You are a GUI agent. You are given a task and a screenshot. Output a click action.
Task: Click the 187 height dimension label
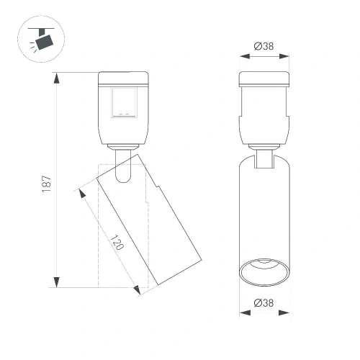47,184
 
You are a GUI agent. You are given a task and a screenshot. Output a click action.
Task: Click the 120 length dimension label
117,243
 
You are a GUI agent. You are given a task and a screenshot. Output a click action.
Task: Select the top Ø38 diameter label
264,46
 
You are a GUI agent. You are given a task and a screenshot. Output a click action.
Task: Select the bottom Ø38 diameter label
264,303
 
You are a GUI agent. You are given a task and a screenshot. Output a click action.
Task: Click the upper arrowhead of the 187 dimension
57,78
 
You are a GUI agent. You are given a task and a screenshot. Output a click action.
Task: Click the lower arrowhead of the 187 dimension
57,282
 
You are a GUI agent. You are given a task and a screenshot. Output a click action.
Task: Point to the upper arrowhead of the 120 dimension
82,194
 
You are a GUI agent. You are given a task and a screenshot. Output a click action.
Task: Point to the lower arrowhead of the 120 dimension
137,289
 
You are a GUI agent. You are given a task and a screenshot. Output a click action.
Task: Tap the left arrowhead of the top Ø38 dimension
245,56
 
